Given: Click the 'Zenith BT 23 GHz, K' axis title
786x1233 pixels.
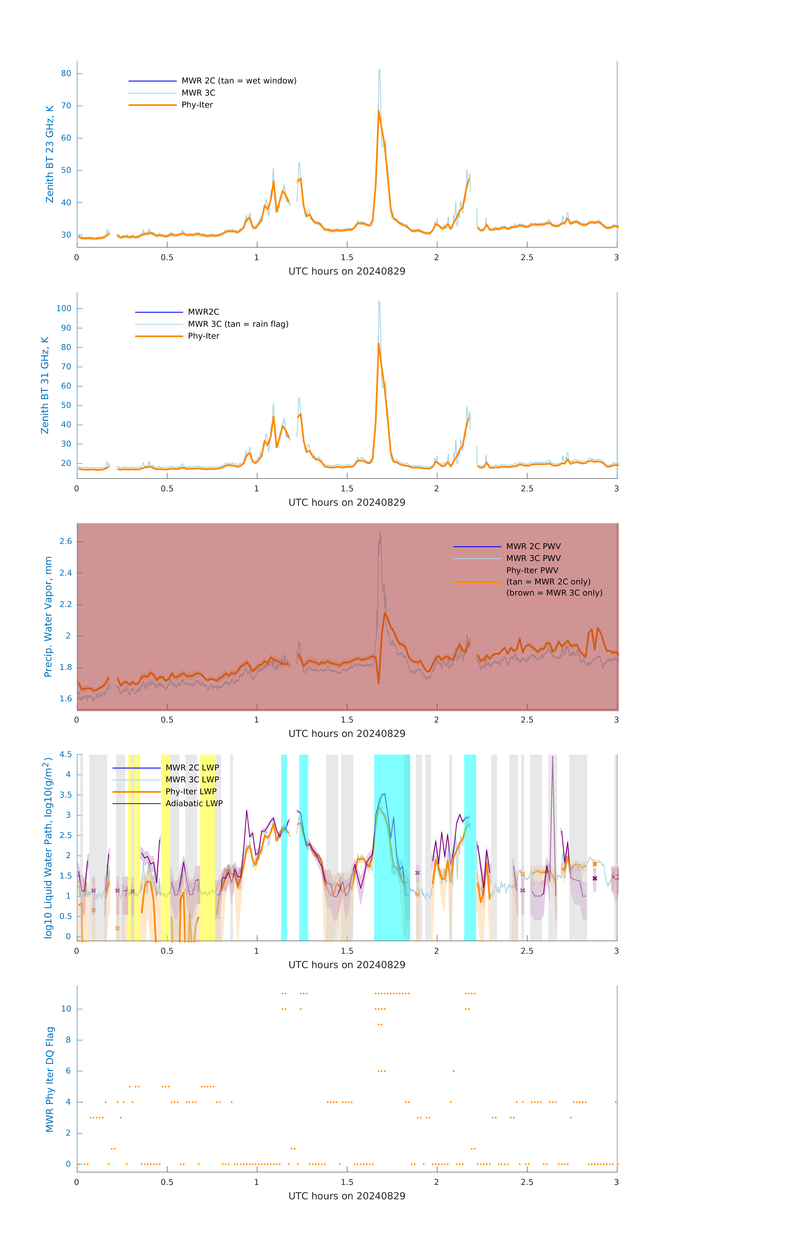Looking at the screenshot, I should [x=50, y=154].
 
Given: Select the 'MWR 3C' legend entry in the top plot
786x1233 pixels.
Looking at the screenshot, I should [x=198, y=93].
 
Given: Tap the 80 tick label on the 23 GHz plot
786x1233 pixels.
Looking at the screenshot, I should [x=66, y=73].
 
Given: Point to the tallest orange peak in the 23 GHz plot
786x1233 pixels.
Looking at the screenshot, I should [x=379, y=111].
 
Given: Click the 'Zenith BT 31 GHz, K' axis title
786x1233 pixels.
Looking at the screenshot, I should [x=45, y=385].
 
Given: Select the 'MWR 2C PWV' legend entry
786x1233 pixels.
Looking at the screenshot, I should [x=533, y=546].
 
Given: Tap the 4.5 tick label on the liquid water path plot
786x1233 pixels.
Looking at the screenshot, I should [x=66, y=754].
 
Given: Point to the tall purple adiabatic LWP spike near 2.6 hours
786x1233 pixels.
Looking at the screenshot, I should [x=552, y=758].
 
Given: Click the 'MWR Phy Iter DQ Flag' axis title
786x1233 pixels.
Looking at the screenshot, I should [x=50, y=1079].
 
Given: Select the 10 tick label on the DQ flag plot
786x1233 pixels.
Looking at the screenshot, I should [x=66, y=1009].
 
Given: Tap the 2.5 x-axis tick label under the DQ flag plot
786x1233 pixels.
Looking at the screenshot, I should [x=527, y=1182].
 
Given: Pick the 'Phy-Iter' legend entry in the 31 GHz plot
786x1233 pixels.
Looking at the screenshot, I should [x=203, y=336].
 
